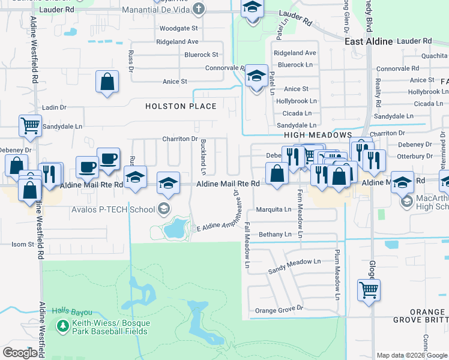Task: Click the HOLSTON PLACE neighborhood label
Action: (181, 106)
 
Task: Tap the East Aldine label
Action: (369, 41)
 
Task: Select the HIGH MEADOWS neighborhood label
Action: (318, 136)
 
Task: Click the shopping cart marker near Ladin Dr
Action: (30, 126)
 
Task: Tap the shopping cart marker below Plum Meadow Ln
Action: (369, 290)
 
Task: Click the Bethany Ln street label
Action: (274, 234)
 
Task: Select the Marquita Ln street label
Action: (274, 209)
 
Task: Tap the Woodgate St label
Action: (178, 28)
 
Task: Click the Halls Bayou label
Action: (71, 312)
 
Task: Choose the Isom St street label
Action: (23, 244)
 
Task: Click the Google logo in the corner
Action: (20, 352)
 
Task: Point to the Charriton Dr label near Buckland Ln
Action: (179, 139)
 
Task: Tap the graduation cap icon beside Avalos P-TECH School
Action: (163, 209)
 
